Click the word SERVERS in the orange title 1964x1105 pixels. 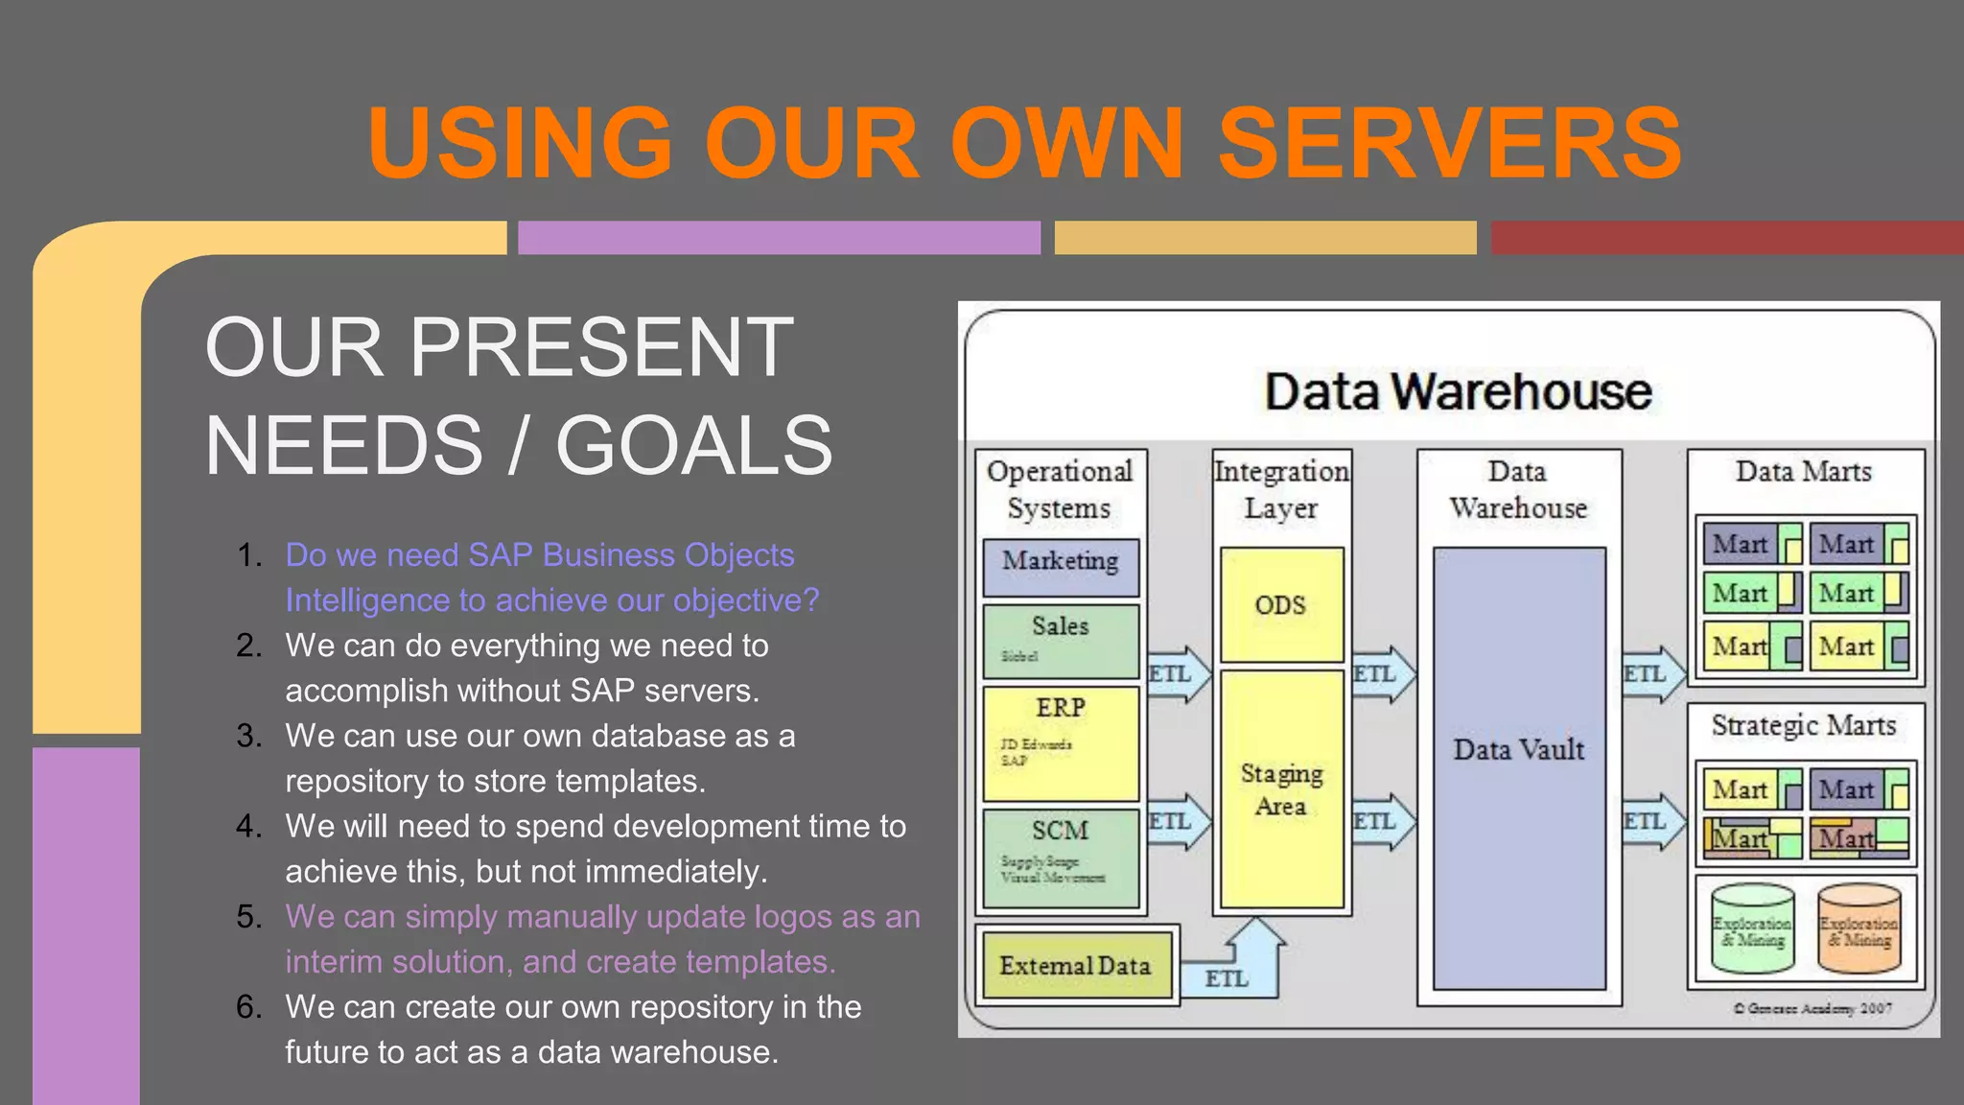point(1449,144)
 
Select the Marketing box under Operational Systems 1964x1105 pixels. point(1061,566)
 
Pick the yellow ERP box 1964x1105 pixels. point(1061,742)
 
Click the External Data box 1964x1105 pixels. point(1075,966)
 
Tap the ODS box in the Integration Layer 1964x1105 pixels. point(1280,605)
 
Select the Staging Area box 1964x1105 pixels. point(1281,789)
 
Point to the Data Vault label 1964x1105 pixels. point(1518,750)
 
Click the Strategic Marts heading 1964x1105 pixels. point(1804,726)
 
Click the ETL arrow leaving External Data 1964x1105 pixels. point(1232,969)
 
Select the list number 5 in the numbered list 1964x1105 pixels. point(249,917)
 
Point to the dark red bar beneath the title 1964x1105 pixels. point(1726,238)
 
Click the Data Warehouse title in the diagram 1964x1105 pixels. point(1458,391)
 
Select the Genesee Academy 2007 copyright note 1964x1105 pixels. point(1812,1008)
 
